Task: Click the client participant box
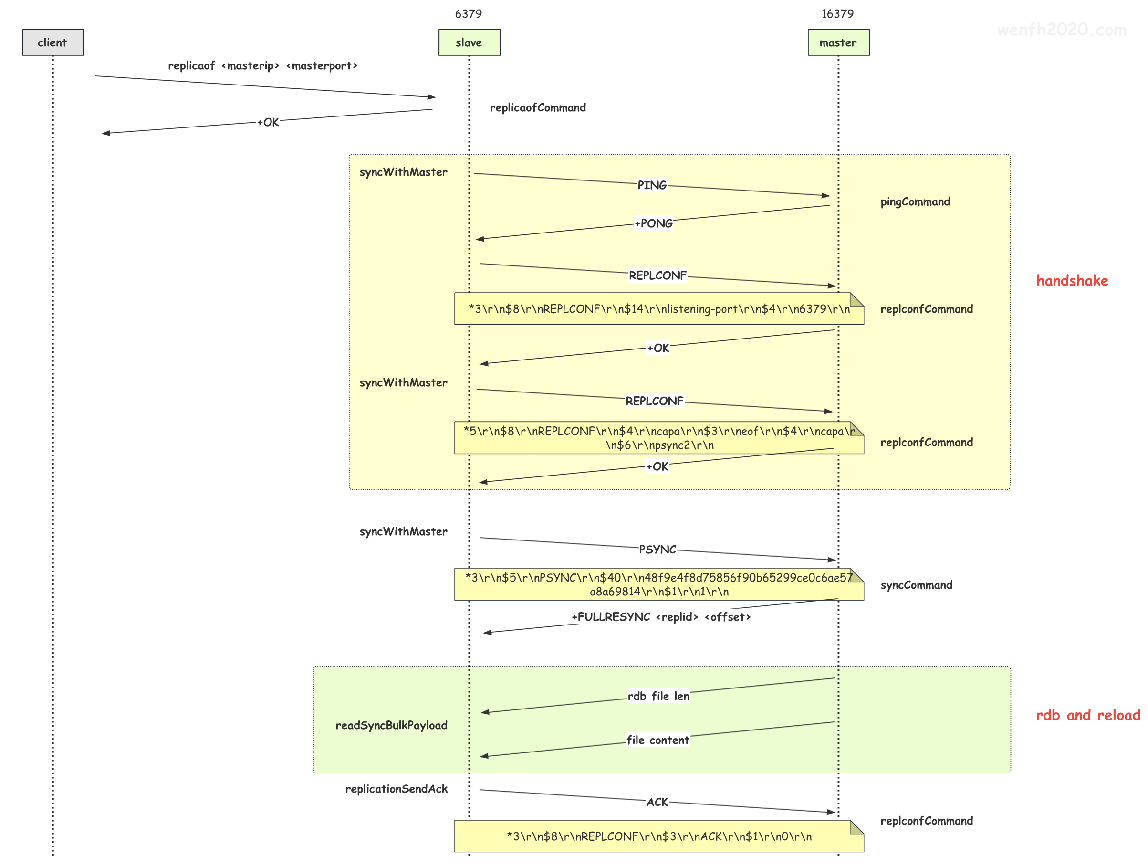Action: pos(53,42)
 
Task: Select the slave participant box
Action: pos(469,42)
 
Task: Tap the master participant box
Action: pos(838,42)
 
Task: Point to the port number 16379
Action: pos(837,13)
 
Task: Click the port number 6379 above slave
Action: pos(468,13)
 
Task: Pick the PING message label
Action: pos(652,185)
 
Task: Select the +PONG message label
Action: pos(653,223)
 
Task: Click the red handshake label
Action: pos(1072,281)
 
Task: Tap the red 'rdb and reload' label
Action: pos(1088,715)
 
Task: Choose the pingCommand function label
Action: pos(915,201)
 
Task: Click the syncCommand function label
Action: pos(916,585)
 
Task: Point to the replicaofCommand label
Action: pos(538,107)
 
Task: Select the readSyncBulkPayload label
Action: pos(391,725)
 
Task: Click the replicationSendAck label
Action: pos(396,789)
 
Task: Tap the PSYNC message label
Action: pos(657,549)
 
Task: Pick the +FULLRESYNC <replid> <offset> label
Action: pos(661,616)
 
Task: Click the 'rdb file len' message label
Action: pos(658,696)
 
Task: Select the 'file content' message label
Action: pos(657,740)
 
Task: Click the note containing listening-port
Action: pos(659,308)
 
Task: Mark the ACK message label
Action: pos(657,802)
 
